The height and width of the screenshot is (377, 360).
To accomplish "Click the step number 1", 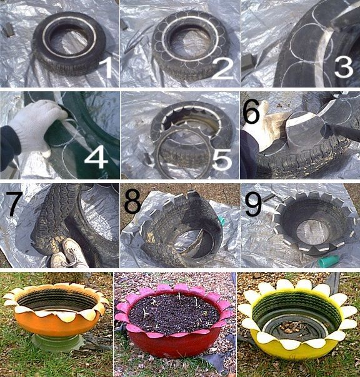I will pos(106,67).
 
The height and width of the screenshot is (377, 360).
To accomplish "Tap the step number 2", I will pos(222,67).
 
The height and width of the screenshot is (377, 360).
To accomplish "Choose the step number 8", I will pos(133,203).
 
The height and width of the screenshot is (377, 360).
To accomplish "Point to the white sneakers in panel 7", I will pos(67,253).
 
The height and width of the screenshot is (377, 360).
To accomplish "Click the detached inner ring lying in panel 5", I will pos(178,153).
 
